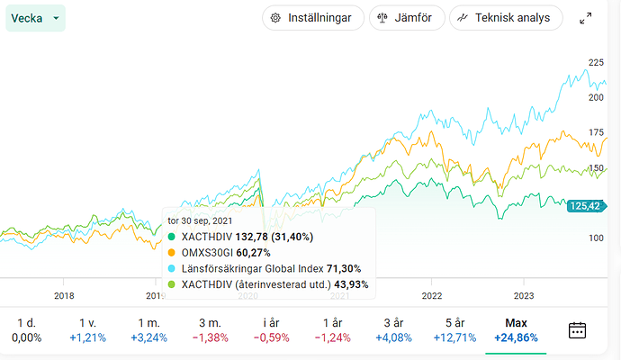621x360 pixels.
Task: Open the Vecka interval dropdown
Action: [x=35, y=18]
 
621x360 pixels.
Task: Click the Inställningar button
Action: [x=313, y=18]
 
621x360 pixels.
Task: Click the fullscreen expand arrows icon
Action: [x=586, y=18]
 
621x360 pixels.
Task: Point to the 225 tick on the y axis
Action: [x=595, y=63]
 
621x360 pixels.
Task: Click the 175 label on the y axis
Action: [x=595, y=132]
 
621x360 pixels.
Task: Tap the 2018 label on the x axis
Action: [x=64, y=294]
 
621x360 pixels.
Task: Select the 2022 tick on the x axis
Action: [x=432, y=294]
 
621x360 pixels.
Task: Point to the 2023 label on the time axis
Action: [x=524, y=294]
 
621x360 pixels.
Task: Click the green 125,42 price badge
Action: [x=585, y=206]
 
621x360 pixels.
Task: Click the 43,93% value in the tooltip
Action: [x=351, y=284]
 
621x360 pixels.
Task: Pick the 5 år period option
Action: [x=454, y=329]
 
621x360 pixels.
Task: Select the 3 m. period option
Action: [x=211, y=329]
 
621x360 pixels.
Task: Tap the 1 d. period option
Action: [x=25, y=329]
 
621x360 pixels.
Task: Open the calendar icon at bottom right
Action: [x=578, y=329]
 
